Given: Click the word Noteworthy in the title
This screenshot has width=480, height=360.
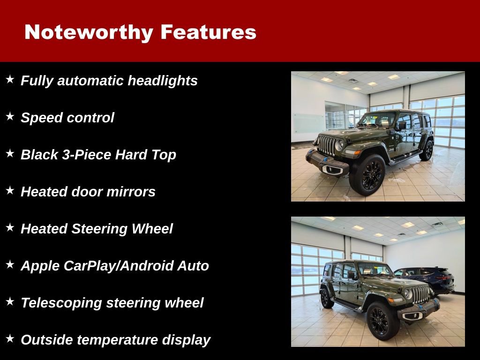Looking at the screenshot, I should (89, 32).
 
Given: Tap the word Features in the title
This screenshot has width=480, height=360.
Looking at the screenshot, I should (208, 32).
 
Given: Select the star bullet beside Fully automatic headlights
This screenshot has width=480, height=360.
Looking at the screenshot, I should (10, 79).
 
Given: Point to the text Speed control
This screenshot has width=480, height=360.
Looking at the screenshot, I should (67, 118).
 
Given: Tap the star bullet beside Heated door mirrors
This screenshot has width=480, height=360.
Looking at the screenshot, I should (10, 190).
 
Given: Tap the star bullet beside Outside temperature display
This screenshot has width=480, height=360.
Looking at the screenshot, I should (10, 338).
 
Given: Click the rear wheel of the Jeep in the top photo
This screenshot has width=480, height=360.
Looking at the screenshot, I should (427, 150).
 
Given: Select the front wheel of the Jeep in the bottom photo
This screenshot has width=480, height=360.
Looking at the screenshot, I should (379, 321).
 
